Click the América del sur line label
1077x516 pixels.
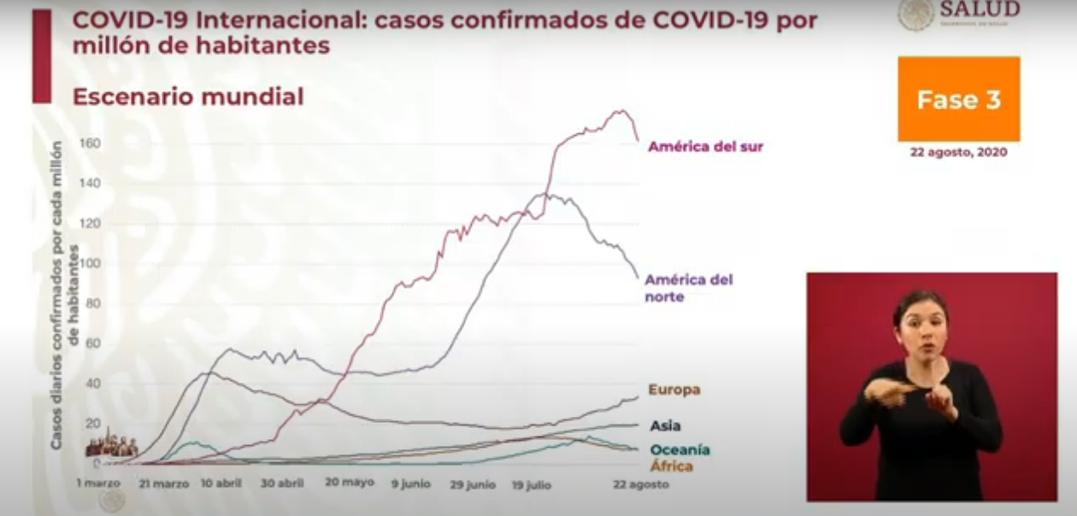(x=705, y=146)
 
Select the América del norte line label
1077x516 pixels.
(x=688, y=288)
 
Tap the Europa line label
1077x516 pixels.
(x=674, y=390)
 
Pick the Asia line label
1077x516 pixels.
(x=665, y=425)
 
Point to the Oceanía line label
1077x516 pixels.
(x=680, y=449)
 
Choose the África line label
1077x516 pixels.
(x=671, y=466)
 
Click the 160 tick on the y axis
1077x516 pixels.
(x=90, y=143)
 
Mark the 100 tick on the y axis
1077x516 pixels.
(x=90, y=263)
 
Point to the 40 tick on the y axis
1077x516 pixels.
(x=91, y=384)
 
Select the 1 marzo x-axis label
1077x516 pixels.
(x=99, y=484)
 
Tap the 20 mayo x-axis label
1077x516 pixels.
(x=349, y=483)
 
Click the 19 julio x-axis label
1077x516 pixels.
(x=531, y=484)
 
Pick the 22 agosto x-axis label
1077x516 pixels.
(x=641, y=484)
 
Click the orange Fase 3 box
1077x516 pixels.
(x=958, y=99)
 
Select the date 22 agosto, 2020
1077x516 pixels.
(x=958, y=152)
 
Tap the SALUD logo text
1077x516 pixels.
(x=980, y=10)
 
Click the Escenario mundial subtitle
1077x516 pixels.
(x=188, y=97)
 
